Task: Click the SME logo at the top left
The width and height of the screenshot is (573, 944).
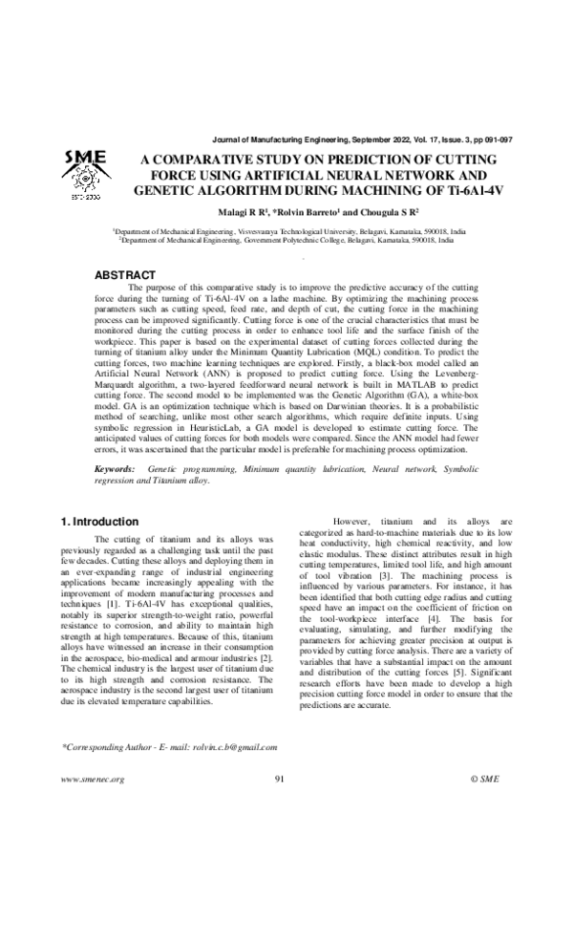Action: (84, 174)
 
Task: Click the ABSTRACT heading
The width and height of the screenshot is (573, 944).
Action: (125, 275)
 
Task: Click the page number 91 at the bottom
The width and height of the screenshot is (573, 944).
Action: (280, 779)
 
